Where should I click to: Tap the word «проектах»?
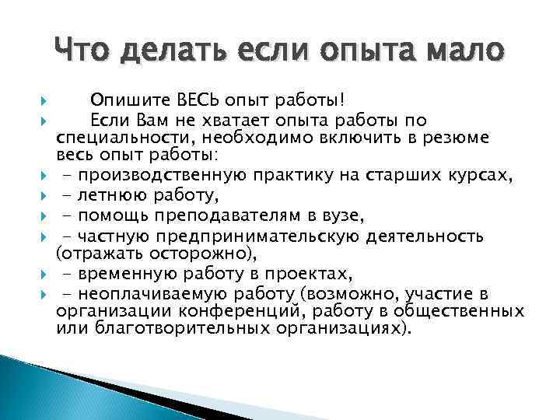[x=303, y=272]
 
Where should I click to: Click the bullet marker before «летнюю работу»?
[x=45, y=196]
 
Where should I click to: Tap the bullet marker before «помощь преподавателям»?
[x=45, y=215]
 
